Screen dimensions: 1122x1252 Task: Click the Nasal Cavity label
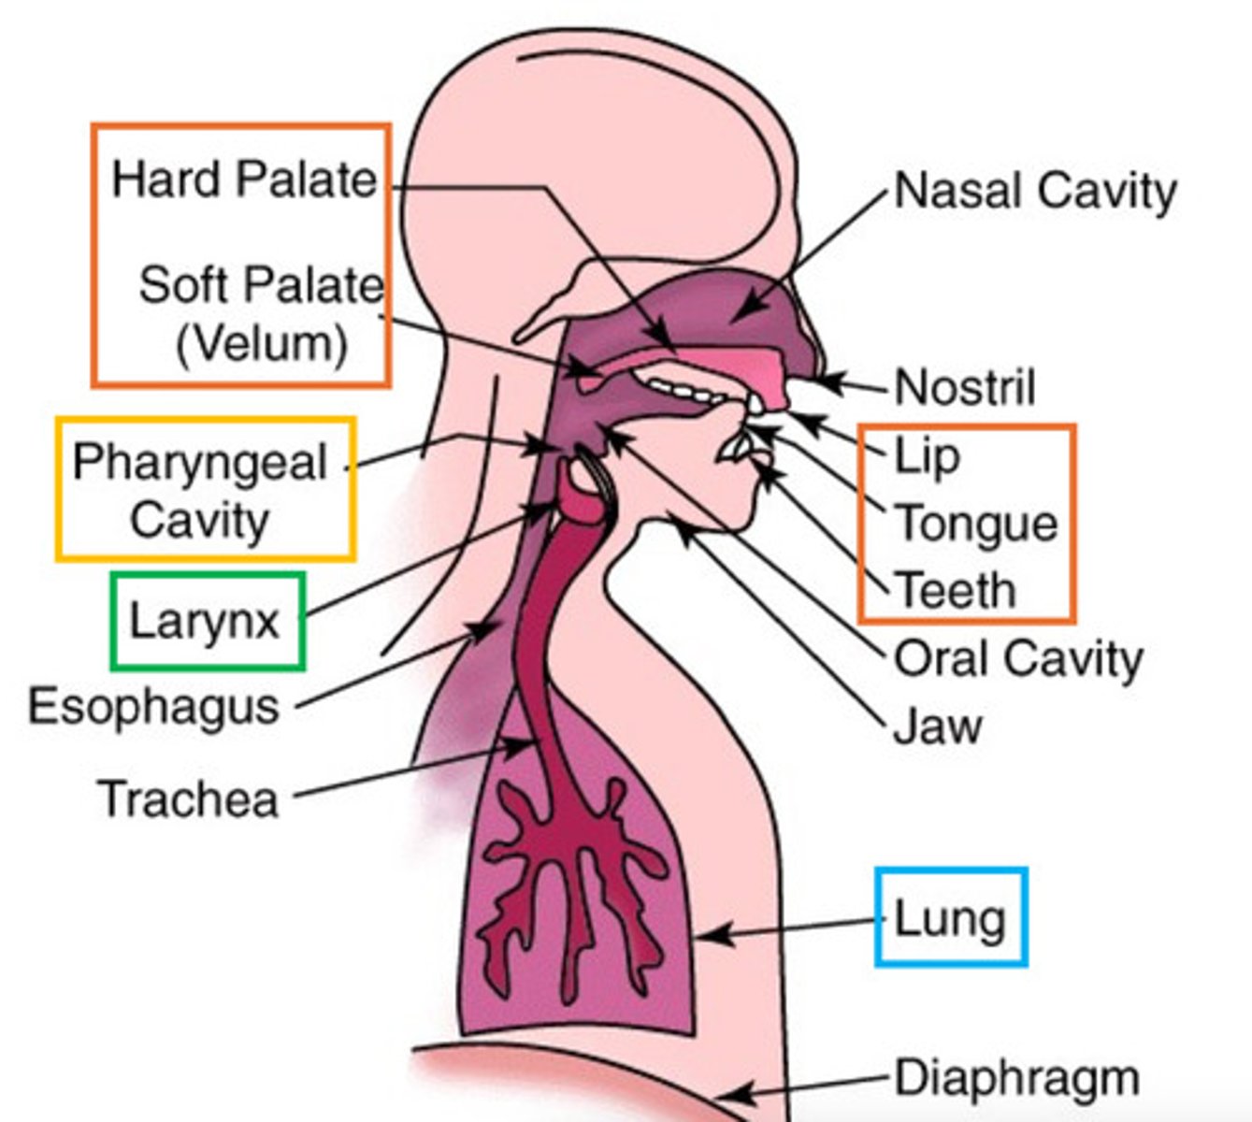click(x=1035, y=191)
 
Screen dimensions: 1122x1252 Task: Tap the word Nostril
click(x=965, y=387)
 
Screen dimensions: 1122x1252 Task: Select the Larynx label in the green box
click(x=205, y=621)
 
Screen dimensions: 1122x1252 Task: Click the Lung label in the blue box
click(x=950, y=918)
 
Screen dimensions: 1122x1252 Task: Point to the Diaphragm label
click(x=1017, y=1078)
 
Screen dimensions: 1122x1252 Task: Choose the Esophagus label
click(x=154, y=707)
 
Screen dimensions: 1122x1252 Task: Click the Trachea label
click(x=189, y=799)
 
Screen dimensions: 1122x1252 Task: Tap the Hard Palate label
click(x=243, y=179)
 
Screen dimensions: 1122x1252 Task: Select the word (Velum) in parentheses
click(x=262, y=343)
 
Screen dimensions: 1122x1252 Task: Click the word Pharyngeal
click(x=200, y=462)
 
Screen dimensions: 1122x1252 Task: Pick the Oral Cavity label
click(x=1018, y=658)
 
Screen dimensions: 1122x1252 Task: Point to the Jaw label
click(x=938, y=726)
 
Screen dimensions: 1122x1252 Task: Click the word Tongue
click(x=976, y=523)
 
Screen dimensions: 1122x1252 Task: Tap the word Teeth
click(x=956, y=590)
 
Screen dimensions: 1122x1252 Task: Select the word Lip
click(x=927, y=456)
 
